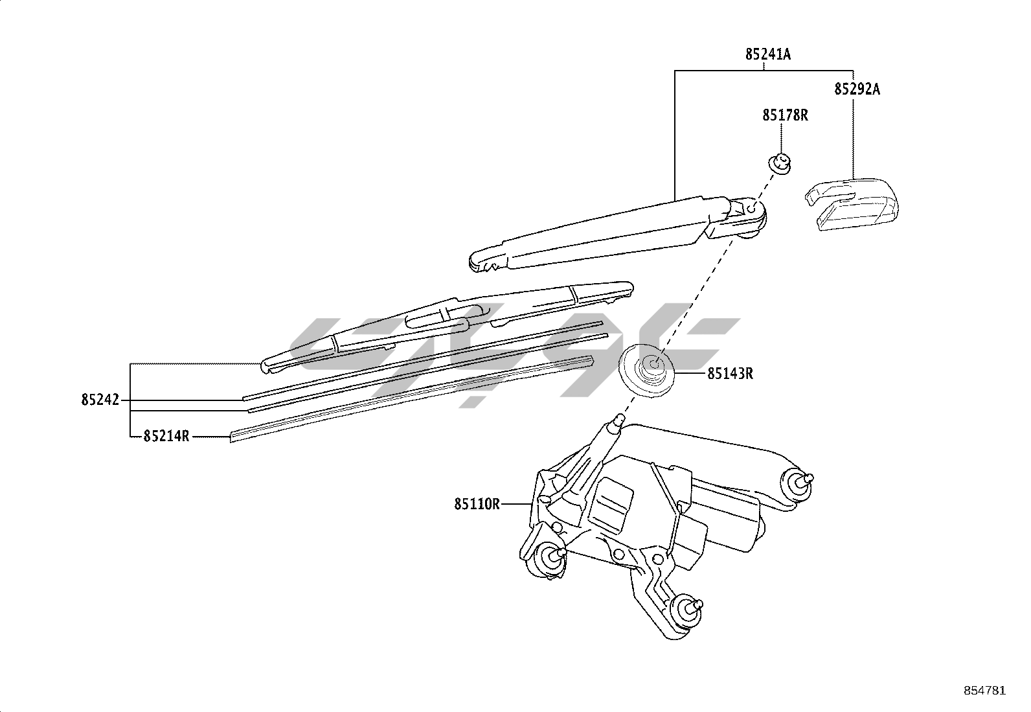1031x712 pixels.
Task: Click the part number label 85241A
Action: click(x=767, y=55)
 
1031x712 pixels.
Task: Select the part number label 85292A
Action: click(x=857, y=89)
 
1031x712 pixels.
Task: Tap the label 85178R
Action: click(x=785, y=115)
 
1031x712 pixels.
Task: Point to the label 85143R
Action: click(x=730, y=374)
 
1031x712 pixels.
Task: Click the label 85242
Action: click(x=100, y=400)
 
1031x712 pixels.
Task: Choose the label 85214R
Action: click(x=166, y=436)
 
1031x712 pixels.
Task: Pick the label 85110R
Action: click(x=477, y=503)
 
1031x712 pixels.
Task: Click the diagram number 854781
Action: click(x=984, y=691)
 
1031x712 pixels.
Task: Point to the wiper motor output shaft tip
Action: click(x=616, y=422)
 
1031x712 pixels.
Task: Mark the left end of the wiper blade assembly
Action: click(x=266, y=367)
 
